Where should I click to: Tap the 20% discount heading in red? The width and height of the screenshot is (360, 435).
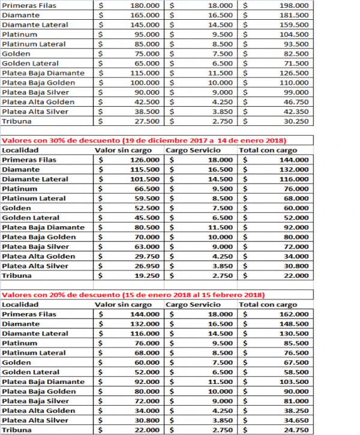tap(133, 295)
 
